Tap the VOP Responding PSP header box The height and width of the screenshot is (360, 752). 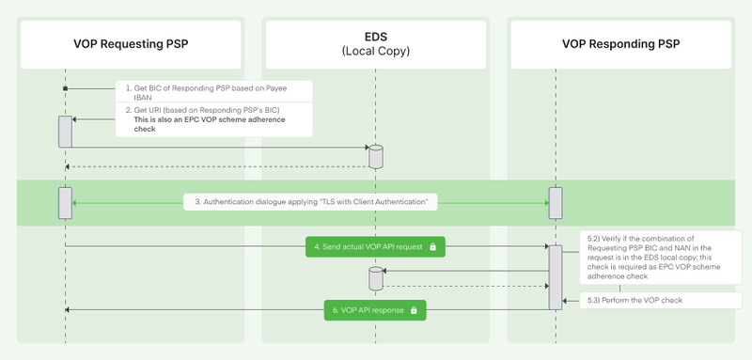[620, 43]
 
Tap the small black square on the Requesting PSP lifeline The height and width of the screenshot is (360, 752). [65, 88]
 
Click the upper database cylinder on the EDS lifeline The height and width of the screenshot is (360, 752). [375, 156]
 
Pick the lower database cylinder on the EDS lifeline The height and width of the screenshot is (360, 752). [375, 278]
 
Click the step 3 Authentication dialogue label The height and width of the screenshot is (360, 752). [310, 202]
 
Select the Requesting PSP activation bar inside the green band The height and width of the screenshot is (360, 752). [65, 201]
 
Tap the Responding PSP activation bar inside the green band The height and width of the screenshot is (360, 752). [556, 201]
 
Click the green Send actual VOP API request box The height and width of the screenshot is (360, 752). [374, 246]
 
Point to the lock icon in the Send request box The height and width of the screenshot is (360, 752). [432, 246]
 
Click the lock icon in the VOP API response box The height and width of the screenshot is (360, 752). [413, 309]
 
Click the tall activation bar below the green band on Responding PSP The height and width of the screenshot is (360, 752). [556, 277]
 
